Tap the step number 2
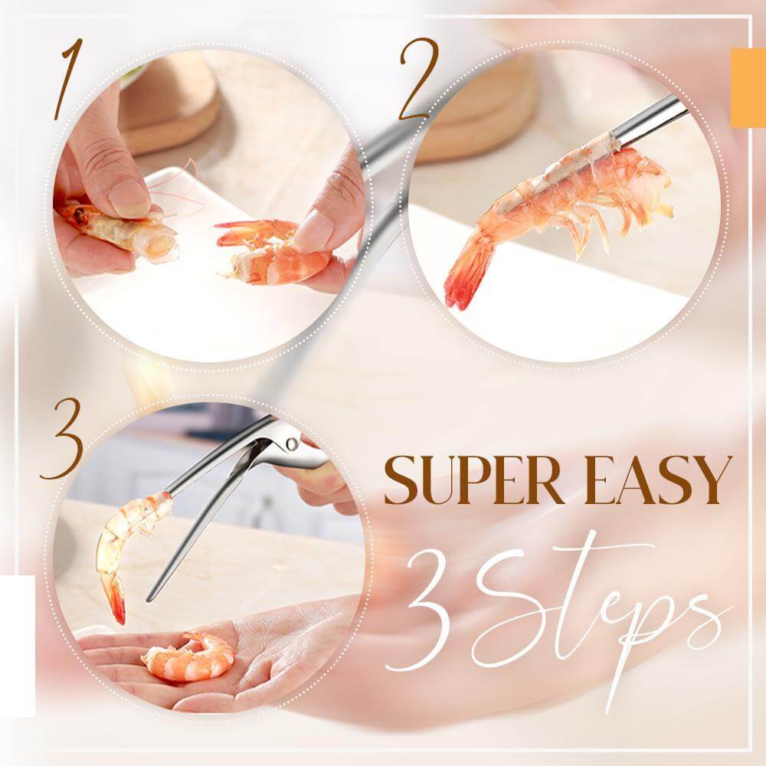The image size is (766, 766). [418, 79]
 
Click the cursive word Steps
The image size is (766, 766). [597, 605]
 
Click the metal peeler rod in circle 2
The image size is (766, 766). [651, 123]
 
